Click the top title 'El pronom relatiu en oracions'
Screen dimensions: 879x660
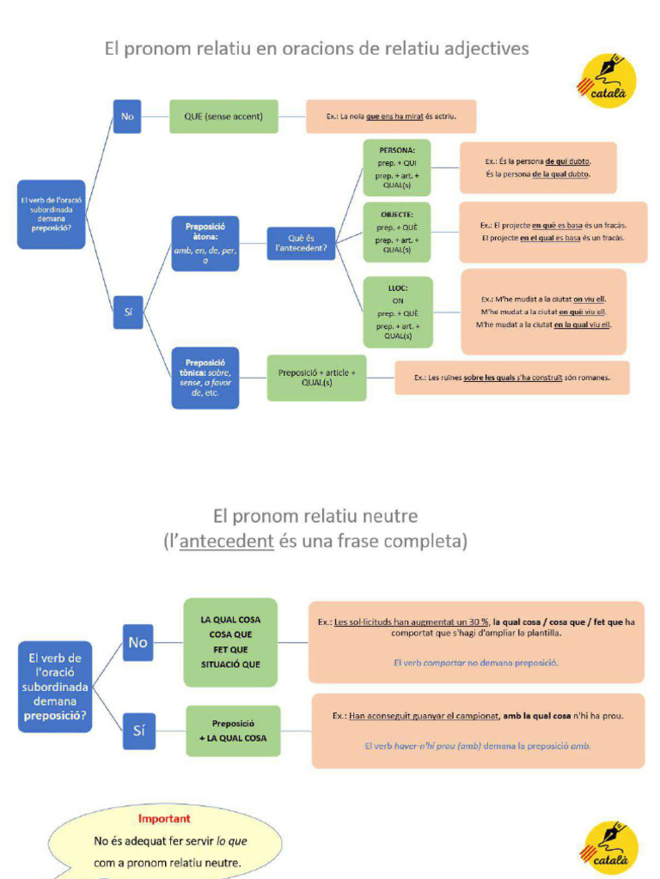pos(316,48)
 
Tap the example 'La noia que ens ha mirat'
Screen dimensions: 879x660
pos(391,116)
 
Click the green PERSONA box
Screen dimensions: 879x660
pos(396,167)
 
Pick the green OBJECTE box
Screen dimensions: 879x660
pos(396,232)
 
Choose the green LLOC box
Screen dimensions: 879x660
pos(397,312)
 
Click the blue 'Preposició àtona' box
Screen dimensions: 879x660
pos(205,244)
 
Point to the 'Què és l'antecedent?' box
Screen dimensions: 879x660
pos(301,243)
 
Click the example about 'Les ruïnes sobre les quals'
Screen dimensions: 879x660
pos(511,377)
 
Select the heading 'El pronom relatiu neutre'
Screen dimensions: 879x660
pos(315,516)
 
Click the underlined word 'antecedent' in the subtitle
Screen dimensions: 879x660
pos(226,542)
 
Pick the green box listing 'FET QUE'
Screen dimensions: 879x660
pos(230,642)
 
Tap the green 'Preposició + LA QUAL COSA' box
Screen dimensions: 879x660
pos(234,730)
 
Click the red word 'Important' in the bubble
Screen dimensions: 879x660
pos(164,819)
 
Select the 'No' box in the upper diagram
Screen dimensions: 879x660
pos(127,116)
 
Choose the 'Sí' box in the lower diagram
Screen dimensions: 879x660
pos(138,730)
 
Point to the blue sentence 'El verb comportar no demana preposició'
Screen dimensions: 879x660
pos(476,663)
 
